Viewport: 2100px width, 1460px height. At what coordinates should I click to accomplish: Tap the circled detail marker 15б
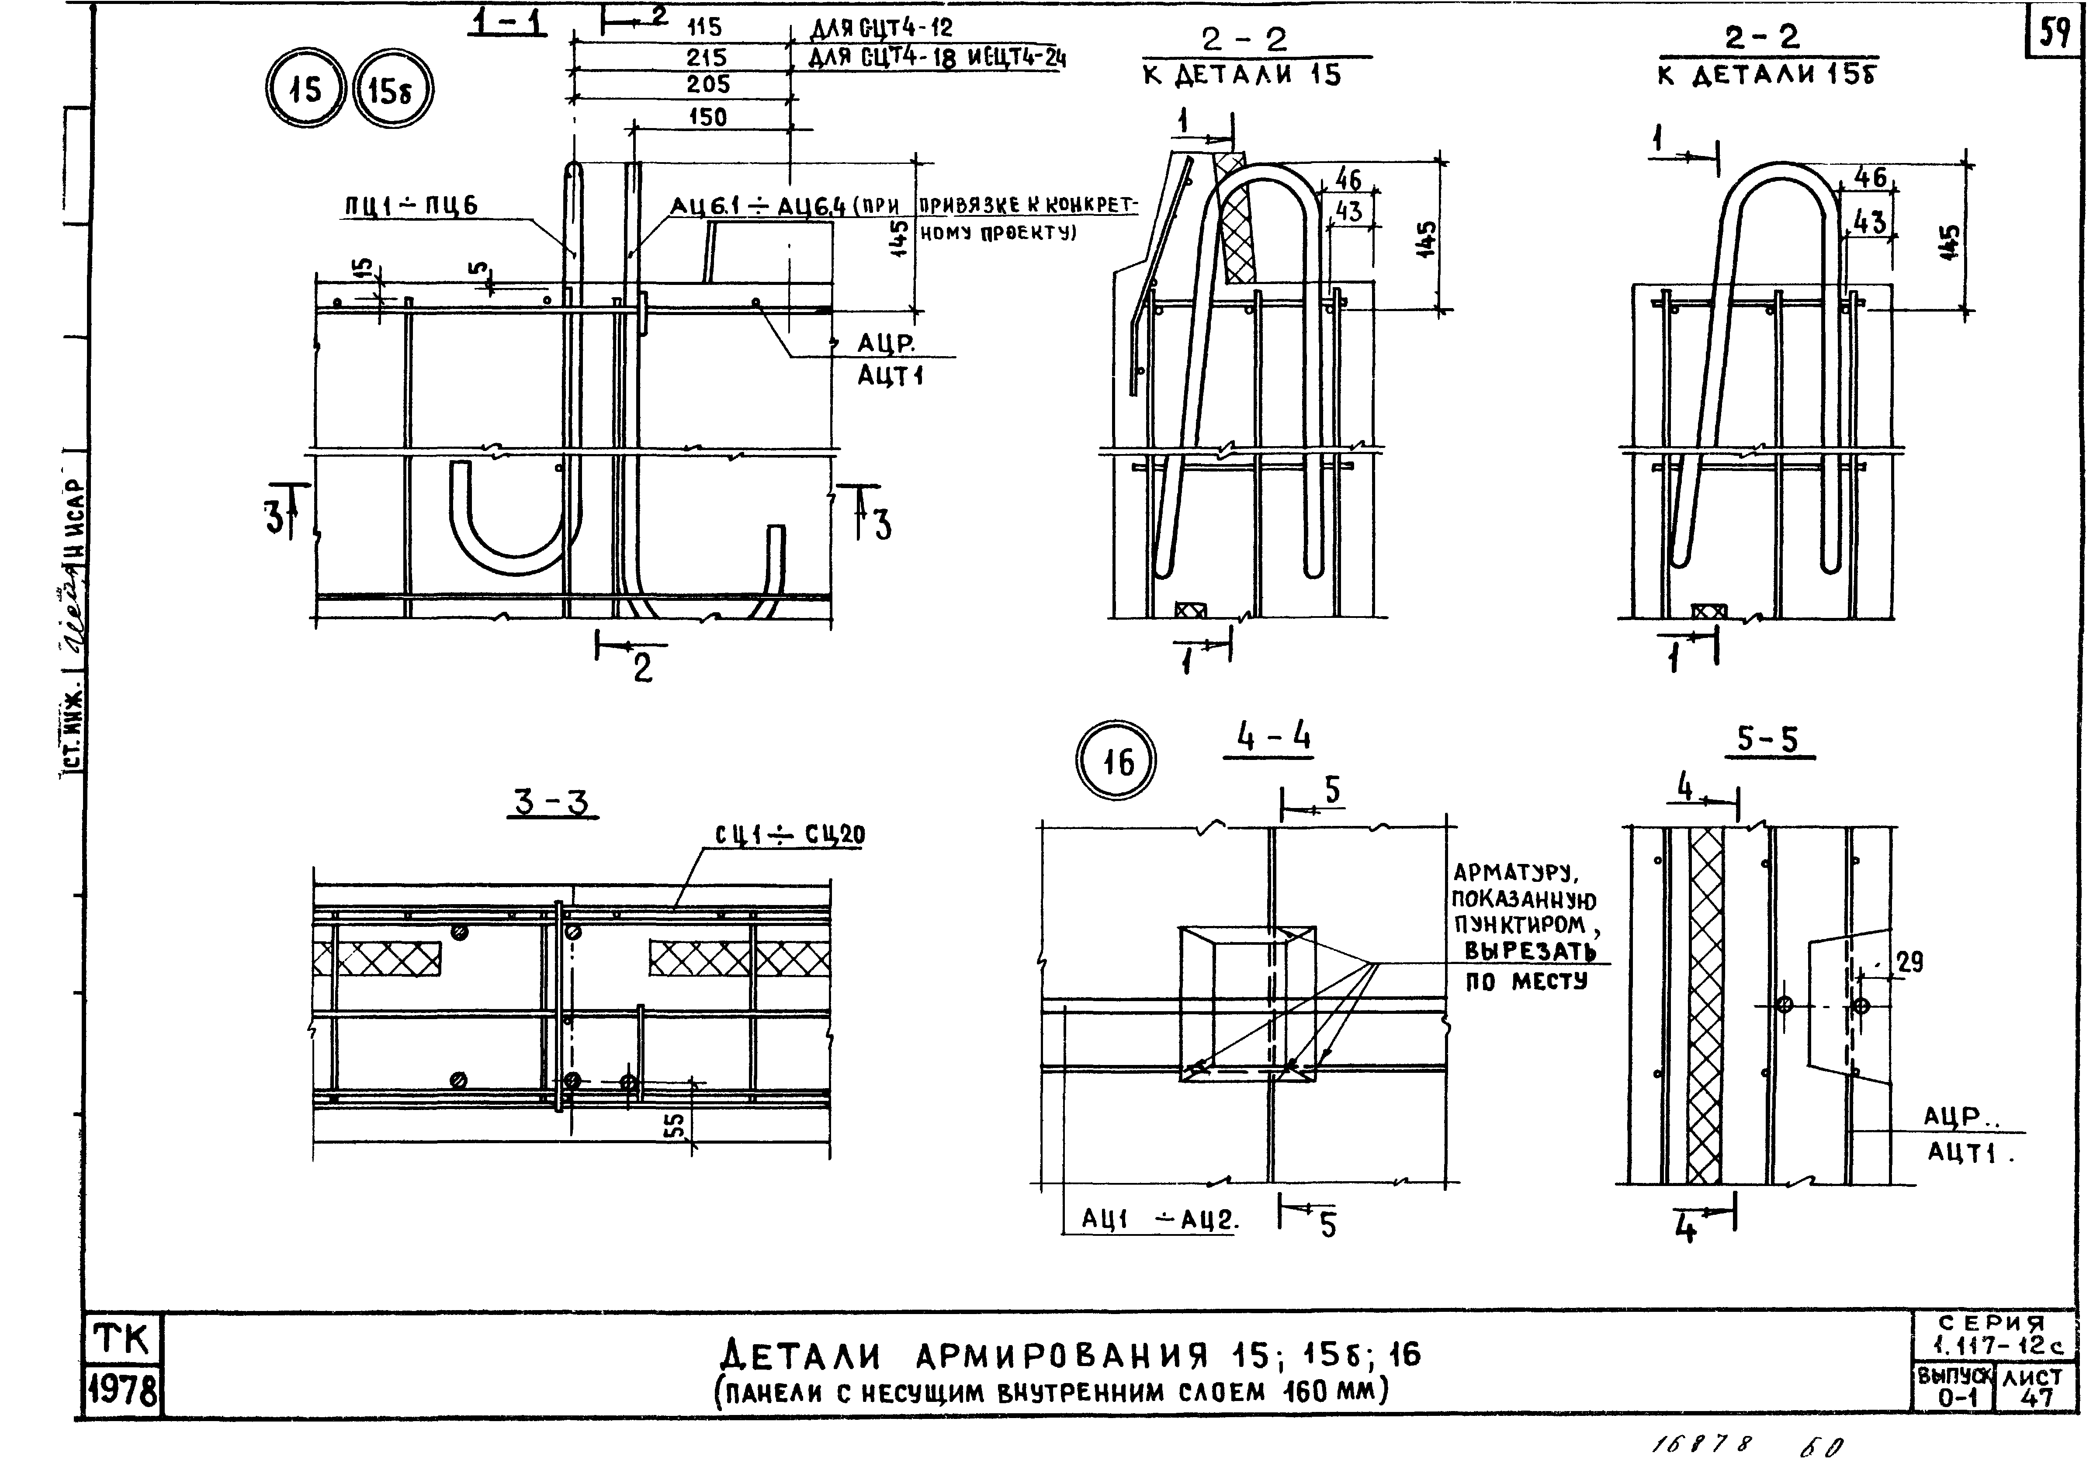[392, 91]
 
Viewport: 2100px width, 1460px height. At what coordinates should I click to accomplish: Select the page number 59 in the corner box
[2053, 34]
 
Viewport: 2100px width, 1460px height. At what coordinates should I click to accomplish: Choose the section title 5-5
[1767, 739]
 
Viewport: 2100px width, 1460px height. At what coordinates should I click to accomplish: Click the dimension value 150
[708, 117]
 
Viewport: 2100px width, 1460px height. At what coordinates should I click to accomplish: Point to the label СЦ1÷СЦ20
[790, 835]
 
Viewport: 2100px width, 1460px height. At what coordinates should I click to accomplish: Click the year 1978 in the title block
[122, 1391]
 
